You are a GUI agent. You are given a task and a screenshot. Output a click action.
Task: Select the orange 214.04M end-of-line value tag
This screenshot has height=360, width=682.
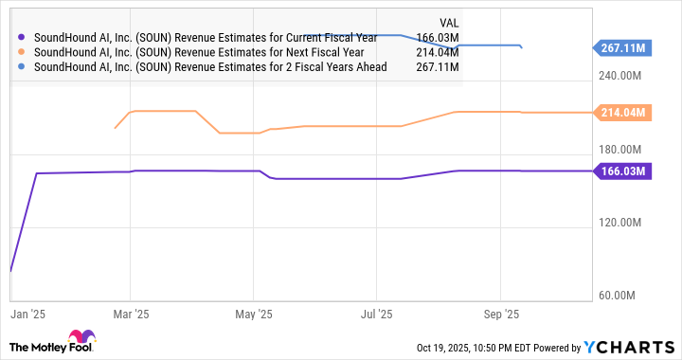[x=622, y=113]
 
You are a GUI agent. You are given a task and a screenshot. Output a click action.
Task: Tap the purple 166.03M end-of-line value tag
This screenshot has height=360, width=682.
[x=622, y=171]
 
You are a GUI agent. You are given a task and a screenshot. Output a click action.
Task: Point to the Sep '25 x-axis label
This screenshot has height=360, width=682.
[x=501, y=312]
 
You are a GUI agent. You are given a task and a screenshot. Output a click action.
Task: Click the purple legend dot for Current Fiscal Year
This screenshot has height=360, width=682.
[x=23, y=38]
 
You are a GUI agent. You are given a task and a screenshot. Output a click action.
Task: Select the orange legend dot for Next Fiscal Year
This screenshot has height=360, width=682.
[x=23, y=53]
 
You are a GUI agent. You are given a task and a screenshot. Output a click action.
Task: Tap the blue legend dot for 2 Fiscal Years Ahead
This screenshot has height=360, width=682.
[x=23, y=68]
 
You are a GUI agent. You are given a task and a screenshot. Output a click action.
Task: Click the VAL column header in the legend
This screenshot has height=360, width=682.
[x=449, y=22]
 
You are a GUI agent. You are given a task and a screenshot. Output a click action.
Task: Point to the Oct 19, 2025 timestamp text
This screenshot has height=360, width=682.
[x=474, y=347]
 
